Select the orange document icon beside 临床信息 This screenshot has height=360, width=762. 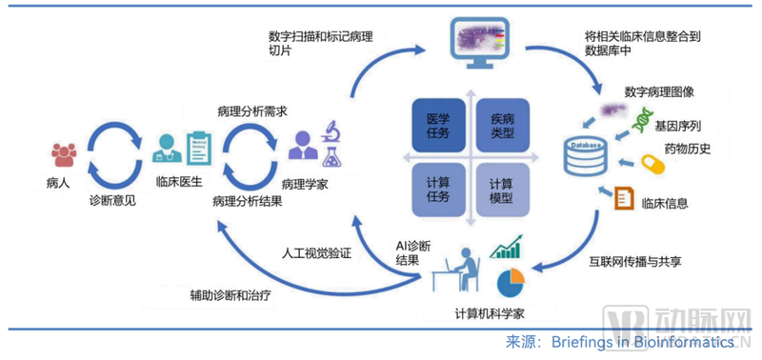[x=626, y=199]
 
